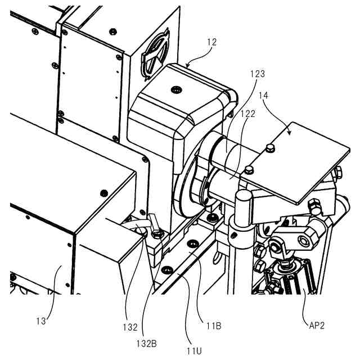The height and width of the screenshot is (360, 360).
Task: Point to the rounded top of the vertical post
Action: pos(242,197)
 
